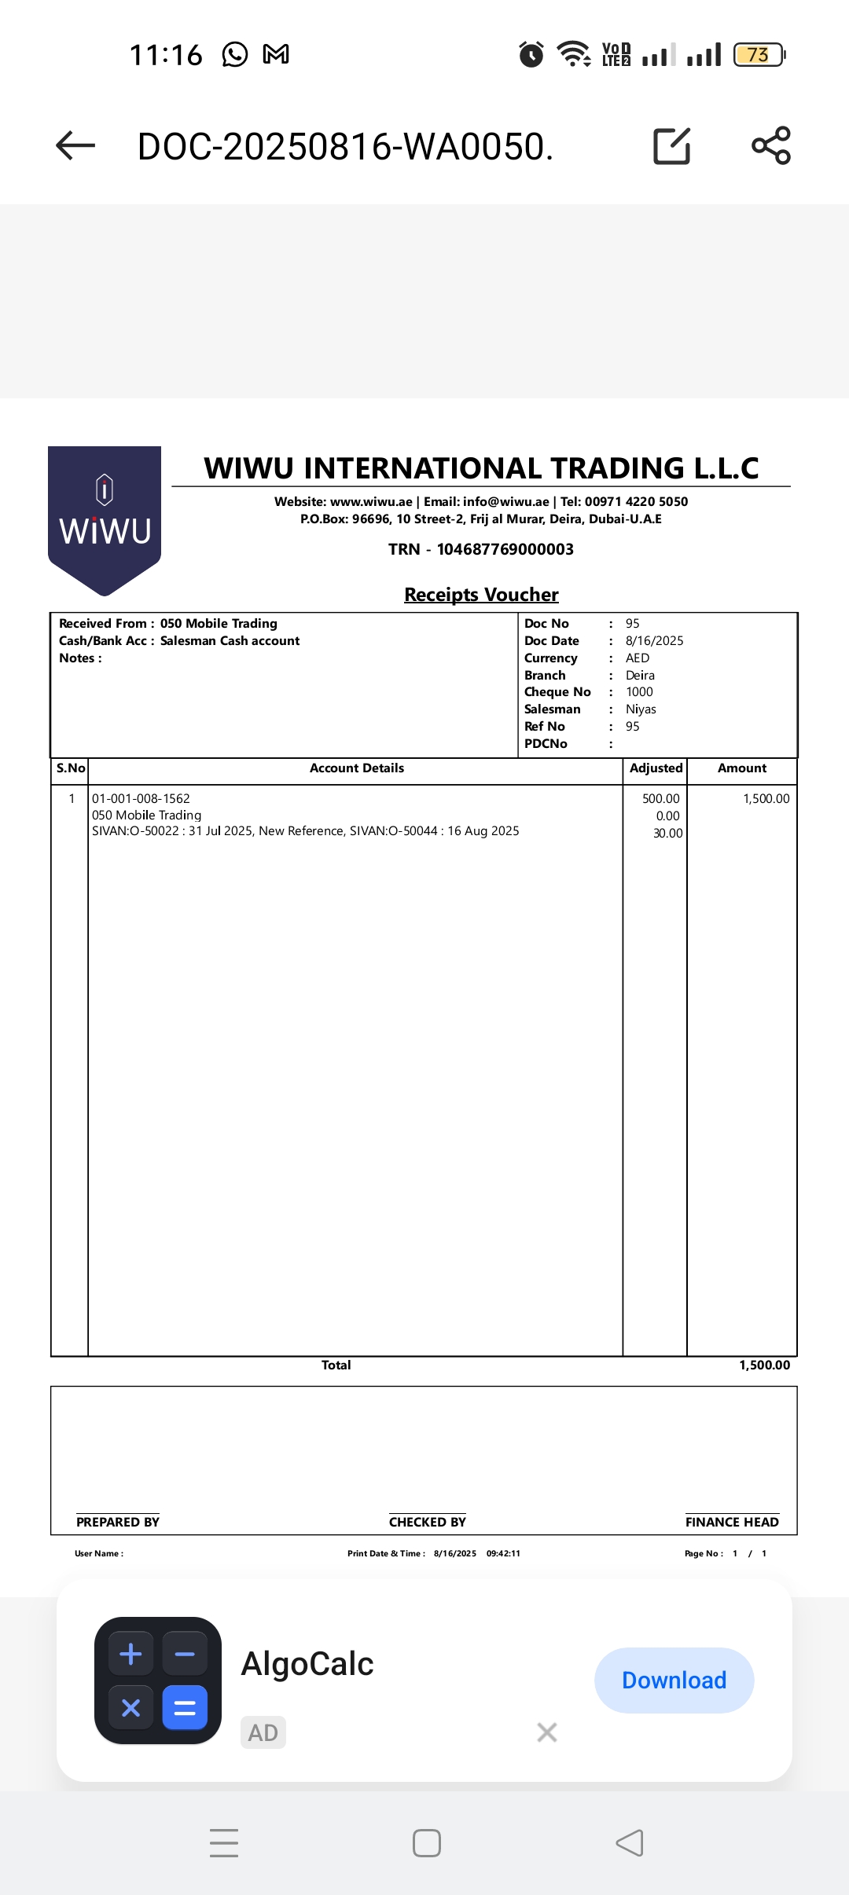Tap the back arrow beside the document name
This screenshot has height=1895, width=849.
(75, 146)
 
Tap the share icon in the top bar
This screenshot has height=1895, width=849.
(771, 145)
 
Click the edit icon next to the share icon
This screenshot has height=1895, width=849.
(672, 146)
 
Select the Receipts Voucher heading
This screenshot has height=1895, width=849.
(481, 595)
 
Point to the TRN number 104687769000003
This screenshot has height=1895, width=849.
(505, 549)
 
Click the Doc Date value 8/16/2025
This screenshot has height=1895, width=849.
(654, 641)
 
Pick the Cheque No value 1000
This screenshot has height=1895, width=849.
(639, 692)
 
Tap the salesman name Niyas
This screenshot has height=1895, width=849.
(641, 709)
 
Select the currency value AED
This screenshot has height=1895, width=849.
(638, 658)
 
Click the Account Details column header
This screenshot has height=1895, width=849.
(357, 768)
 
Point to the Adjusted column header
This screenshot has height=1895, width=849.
(656, 768)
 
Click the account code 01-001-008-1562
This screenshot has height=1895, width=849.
(141, 798)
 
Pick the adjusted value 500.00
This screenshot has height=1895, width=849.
(660, 799)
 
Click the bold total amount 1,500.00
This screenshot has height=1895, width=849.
(764, 1365)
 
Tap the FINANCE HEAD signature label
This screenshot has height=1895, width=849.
(732, 1522)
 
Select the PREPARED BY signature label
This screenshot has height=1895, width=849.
(118, 1522)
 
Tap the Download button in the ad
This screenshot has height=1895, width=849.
(674, 1681)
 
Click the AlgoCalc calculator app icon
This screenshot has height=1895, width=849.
(158, 1681)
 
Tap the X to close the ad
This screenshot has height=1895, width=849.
(547, 1732)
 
